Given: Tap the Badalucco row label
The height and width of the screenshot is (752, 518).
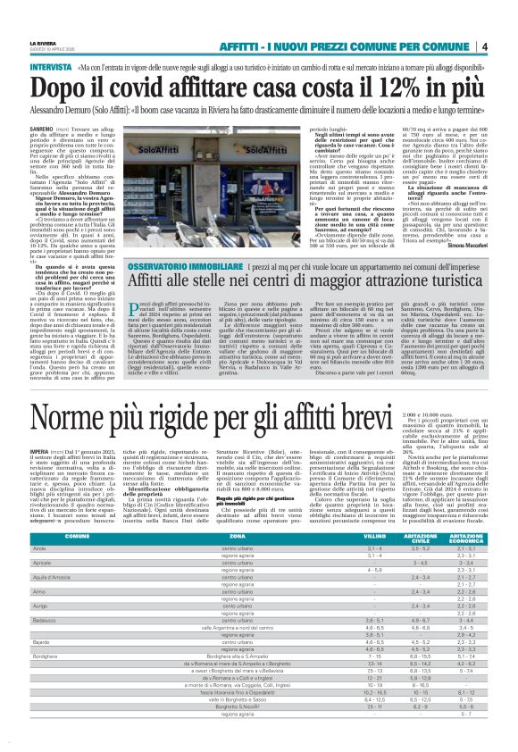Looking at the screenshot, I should point(45,619).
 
